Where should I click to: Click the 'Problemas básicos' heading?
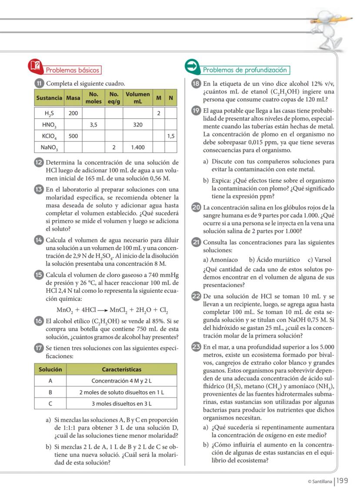73,70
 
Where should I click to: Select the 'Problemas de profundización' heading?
245,70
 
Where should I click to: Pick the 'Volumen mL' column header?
138,98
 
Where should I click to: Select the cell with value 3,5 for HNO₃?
93,125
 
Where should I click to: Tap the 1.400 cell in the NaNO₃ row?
138,147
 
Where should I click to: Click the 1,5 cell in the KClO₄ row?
171,136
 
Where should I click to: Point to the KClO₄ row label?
49,136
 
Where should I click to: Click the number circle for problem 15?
39,275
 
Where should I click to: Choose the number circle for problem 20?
196,207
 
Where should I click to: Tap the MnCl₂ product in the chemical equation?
120,310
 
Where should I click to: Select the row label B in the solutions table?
50,392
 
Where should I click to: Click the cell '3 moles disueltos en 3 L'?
122,404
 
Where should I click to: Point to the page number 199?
343,480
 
